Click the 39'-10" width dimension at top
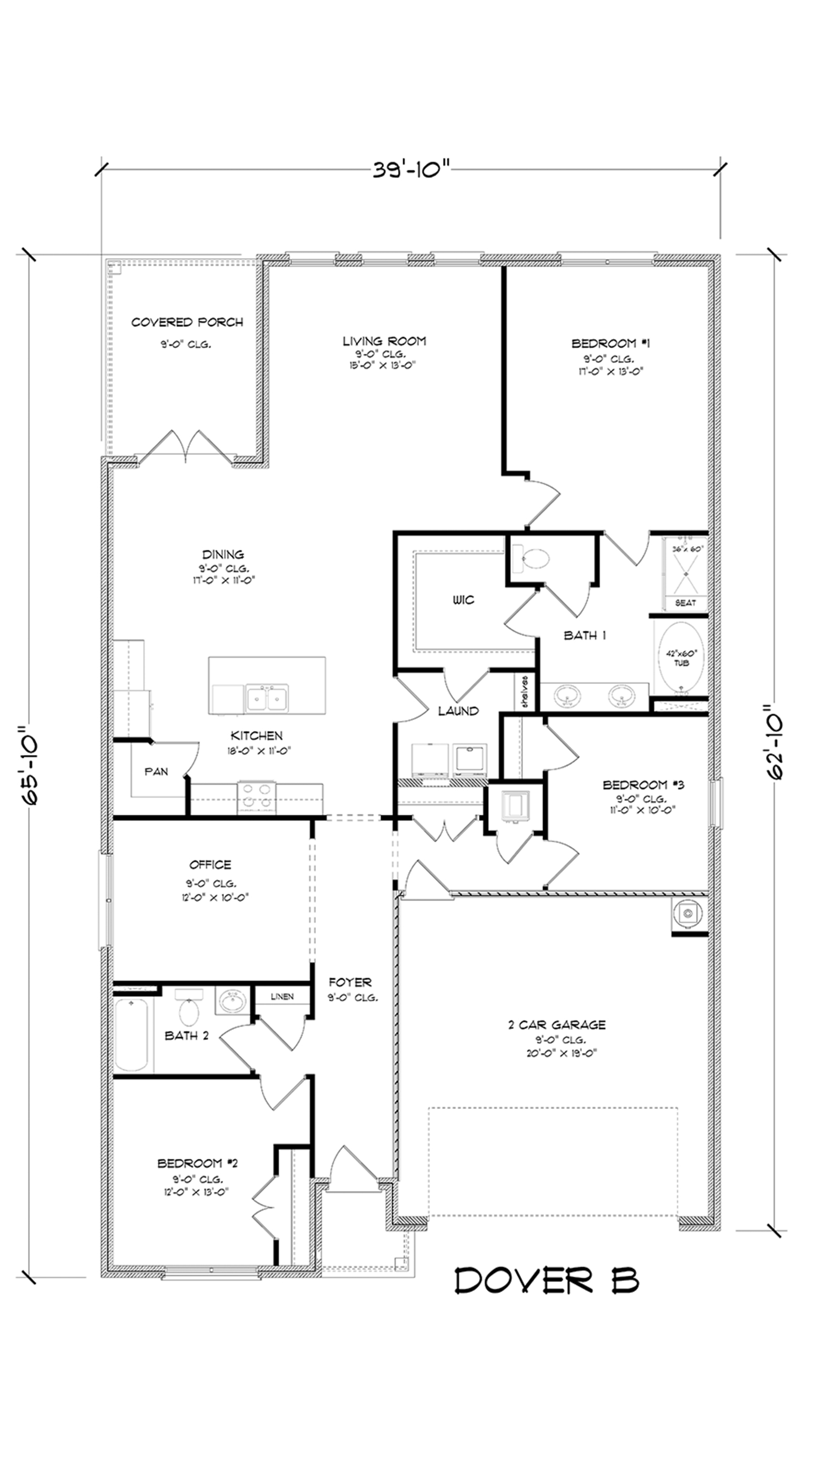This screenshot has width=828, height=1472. point(412,170)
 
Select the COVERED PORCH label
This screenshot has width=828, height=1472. point(187,322)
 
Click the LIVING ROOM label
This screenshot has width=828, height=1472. point(384,341)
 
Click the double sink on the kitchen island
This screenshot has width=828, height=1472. point(267,698)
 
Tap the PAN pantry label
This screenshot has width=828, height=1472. point(156,771)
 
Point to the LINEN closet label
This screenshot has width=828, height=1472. point(282,996)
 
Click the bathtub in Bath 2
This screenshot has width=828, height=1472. point(132,1034)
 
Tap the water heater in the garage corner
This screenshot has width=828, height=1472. point(688,915)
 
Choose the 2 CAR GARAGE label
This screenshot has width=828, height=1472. point(557,1025)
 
